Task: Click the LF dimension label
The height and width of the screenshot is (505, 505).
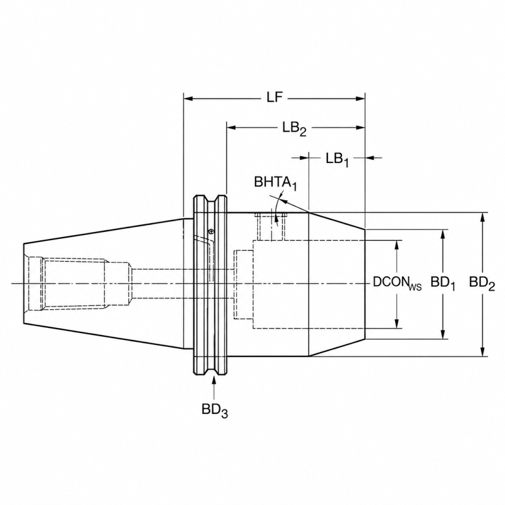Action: (x=275, y=97)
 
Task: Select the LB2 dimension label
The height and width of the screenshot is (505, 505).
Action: (x=295, y=128)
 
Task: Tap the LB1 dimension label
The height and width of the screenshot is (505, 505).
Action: (x=337, y=159)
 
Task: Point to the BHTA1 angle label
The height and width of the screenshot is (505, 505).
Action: (x=275, y=183)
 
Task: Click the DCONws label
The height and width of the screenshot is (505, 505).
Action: (x=397, y=283)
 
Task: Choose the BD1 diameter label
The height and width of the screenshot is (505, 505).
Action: (x=443, y=284)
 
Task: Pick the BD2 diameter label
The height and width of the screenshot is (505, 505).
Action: (x=482, y=284)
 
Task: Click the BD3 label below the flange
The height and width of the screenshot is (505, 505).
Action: (x=215, y=410)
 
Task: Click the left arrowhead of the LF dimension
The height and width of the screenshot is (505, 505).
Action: (x=188, y=98)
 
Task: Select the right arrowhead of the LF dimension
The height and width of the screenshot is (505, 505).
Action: (x=360, y=98)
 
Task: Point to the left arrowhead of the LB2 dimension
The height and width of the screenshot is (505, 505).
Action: (x=231, y=128)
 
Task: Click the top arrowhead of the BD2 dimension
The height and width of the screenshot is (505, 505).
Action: (x=482, y=217)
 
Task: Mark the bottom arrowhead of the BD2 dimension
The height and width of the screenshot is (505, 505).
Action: (x=482, y=351)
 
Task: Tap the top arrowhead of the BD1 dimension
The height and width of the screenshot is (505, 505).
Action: (x=443, y=235)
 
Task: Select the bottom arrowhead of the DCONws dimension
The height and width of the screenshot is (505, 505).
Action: (x=397, y=324)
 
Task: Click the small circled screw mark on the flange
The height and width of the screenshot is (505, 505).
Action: (x=210, y=230)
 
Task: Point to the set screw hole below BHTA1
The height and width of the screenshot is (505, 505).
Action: (x=270, y=227)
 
